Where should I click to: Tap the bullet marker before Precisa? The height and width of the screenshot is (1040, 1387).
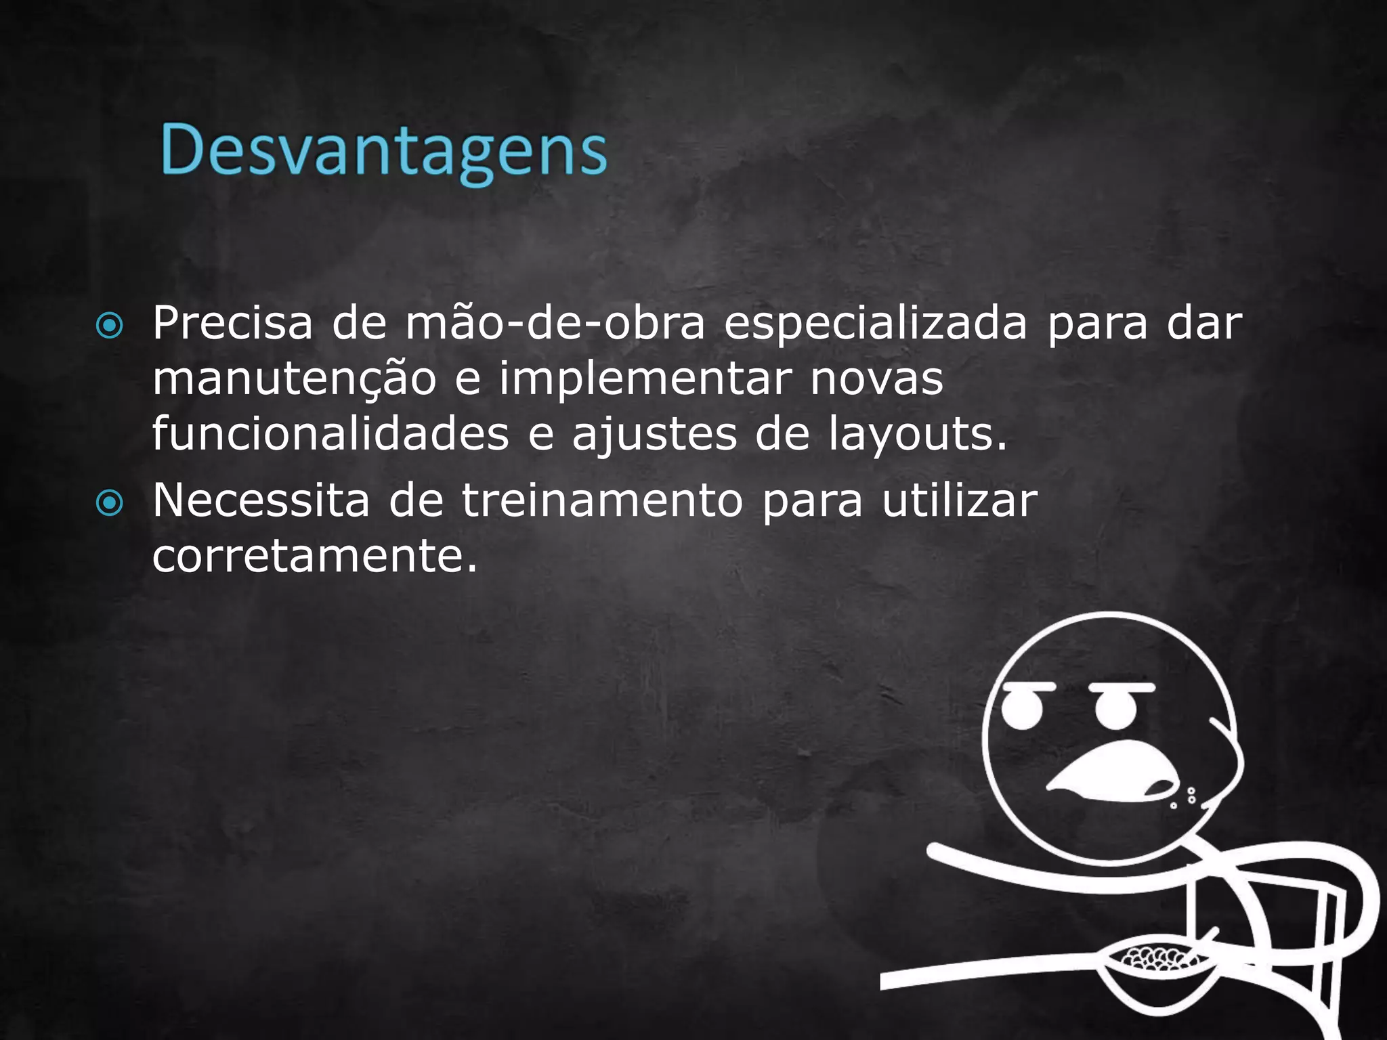[x=110, y=326]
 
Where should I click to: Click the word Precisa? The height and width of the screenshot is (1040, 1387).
[x=232, y=323]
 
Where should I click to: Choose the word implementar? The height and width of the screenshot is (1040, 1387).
[x=645, y=380]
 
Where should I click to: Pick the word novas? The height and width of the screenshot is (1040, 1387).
[x=876, y=380]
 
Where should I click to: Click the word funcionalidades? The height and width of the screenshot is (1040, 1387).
[x=330, y=434]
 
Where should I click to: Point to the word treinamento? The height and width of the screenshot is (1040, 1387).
[x=603, y=501]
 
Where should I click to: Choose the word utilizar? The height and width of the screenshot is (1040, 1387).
[x=959, y=501]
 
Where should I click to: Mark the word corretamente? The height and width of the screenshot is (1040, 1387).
[x=315, y=557]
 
